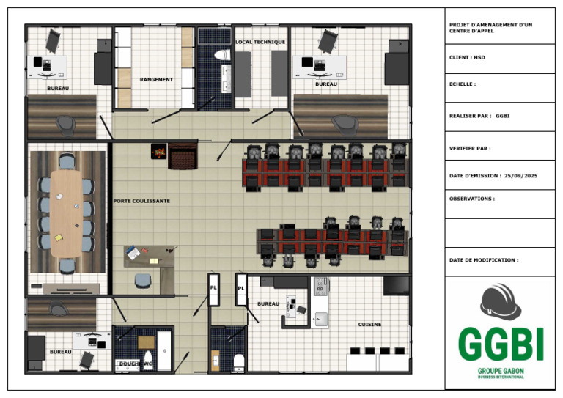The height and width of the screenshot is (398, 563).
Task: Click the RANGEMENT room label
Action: [x=156, y=80]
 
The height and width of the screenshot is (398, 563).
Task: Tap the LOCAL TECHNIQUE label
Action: [x=260, y=42]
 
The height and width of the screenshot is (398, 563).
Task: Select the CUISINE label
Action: [x=369, y=325]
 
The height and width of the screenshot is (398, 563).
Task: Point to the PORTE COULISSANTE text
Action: [x=141, y=201]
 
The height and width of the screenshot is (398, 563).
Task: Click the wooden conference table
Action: [x=67, y=213]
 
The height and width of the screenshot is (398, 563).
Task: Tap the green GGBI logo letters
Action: [x=501, y=344]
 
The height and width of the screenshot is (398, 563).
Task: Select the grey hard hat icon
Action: [x=501, y=301]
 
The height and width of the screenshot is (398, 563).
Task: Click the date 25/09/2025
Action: [x=520, y=176]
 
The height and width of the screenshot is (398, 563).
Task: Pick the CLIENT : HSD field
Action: [x=467, y=57]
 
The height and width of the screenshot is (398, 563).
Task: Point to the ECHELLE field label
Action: [x=463, y=84]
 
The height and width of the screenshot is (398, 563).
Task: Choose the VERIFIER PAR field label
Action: [x=470, y=148]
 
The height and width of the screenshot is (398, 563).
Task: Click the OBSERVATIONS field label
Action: [x=472, y=199]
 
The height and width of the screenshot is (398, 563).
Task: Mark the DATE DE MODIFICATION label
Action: [x=484, y=260]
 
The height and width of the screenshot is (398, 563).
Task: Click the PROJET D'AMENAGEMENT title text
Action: [x=491, y=28]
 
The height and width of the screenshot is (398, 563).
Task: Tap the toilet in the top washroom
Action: [x=222, y=55]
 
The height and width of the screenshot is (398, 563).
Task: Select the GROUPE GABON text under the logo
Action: [x=501, y=371]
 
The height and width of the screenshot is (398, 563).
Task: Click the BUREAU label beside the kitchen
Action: [x=268, y=304]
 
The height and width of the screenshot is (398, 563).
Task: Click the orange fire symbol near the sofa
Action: [x=158, y=152]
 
